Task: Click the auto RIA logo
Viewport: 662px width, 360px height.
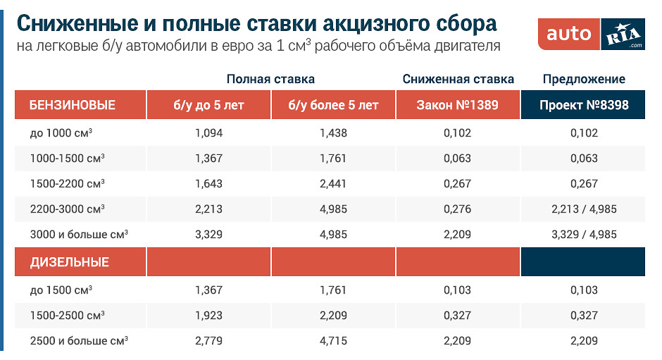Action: tap(596, 33)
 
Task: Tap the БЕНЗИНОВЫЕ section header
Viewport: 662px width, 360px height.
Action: tap(73, 106)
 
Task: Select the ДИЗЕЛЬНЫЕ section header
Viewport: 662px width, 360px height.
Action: tap(70, 262)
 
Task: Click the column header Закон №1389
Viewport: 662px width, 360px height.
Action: tap(458, 106)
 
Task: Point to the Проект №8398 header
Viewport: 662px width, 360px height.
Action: tap(583, 106)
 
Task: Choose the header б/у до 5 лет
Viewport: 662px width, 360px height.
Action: tap(208, 106)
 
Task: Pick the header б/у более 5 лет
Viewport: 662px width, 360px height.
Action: tap(333, 106)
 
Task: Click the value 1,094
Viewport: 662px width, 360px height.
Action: tap(208, 132)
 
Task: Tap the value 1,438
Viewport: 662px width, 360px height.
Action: tap(333, 132)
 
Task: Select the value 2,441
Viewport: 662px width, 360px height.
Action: tap(333, 183)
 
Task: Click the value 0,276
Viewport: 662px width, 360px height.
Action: tap(458, 209)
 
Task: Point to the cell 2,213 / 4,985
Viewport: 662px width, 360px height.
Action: tap(583, 209)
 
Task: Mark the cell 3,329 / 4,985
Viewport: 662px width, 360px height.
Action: tap(583, 235)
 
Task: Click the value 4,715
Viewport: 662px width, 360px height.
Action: tap(333, 341)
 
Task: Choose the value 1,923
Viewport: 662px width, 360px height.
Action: tap(208, 315)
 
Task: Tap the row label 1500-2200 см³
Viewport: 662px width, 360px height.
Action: tap(67, 183)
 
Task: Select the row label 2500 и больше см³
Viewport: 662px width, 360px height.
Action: tap(78, 341)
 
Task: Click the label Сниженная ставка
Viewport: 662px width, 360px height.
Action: tap(458, 79)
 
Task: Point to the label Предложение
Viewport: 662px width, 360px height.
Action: tap(583, 79)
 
